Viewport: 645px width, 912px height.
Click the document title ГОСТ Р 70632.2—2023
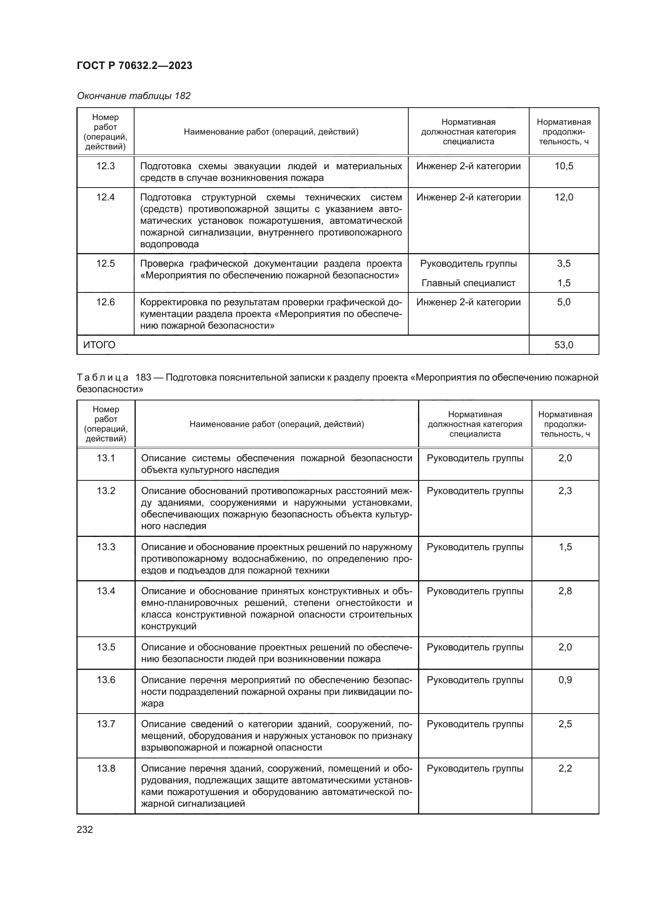(x=134, y=66)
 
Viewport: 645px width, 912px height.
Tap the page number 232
(x=85, y=829)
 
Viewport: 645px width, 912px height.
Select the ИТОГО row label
(x=99, y=345)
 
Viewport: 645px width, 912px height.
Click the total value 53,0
(x=563, y=345)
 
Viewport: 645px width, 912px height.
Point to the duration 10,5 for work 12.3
(x=563, y=166)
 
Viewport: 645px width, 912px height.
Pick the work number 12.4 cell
(x=105, y=197)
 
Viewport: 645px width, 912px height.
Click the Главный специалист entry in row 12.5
(x=468, y=283)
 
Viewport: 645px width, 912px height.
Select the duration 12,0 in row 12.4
(x=563, y=197)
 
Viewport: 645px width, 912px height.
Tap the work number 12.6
(x=105, y=302)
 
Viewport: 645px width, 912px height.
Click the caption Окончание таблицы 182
(x=133, y=96)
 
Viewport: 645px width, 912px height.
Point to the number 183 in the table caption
(x=143, y=377)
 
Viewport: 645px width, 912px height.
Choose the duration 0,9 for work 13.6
(x=565, y=680)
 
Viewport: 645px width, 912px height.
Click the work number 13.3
(x=106, y=547)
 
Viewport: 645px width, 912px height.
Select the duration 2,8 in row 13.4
(x=565, y=591)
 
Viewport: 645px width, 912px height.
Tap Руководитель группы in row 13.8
(x=475, y=768)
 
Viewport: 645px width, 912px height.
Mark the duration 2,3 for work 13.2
(x=565, y=491)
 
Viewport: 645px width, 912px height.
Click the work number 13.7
(x=106, y=724)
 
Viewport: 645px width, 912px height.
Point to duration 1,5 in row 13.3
(x=565, y=547)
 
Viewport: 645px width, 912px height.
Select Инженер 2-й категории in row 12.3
(x=468, y=166)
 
